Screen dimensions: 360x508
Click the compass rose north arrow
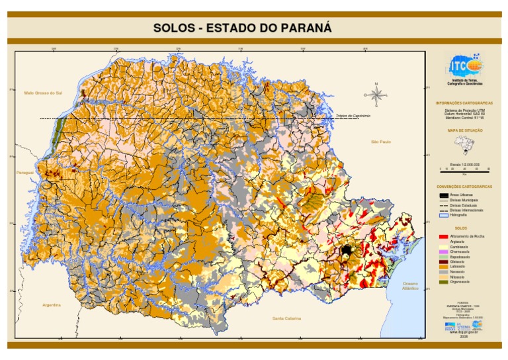coord(377,94)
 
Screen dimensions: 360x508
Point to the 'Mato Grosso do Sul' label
coord(42,93)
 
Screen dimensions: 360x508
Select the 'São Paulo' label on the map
coord(382,142)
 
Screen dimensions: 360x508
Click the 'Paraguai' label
coord(24,172)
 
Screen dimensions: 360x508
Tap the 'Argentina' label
coord(51,305)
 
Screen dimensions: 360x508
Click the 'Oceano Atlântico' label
coord(411,286)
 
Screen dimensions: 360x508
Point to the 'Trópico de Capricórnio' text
coord(353,116)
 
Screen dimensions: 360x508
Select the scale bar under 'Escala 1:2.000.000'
coord(464,171)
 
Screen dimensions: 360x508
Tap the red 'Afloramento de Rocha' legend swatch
coord(443,236)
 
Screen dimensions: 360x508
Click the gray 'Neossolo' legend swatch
coord(443,271)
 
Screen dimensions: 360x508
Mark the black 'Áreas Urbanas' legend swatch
coord(443,195)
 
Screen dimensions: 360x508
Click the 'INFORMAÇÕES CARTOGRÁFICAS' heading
coord(464,103)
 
